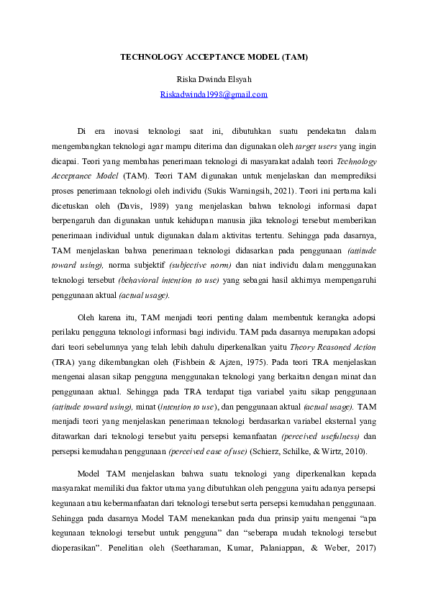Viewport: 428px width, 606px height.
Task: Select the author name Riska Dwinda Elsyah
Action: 214,78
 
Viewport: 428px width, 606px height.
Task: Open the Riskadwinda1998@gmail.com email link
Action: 214,94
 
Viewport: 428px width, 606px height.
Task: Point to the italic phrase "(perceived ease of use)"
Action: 209,451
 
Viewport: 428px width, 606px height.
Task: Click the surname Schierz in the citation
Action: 264,451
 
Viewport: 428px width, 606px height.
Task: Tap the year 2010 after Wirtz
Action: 352,451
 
